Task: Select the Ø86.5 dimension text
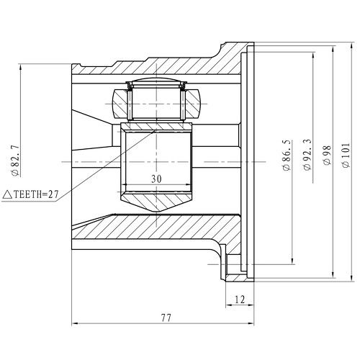287,156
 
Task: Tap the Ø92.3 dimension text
307,155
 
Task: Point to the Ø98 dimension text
328,156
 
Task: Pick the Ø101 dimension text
346,156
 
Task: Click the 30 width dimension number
156,179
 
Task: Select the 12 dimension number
240,300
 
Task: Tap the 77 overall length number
166,318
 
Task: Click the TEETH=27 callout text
36,194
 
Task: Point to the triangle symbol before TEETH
7,194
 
